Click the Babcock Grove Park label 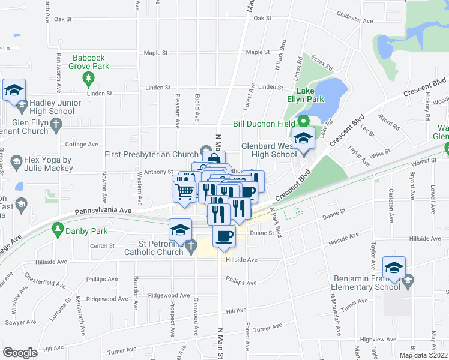pyautogui.click(x=91, y=62)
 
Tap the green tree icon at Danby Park pyautogui.click(x=58, y=229)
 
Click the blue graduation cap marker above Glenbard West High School pyautogui.click(x=303, y=138)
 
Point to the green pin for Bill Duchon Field pyautogui.click(x=304, y=120)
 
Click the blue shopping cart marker pyautogui.click(x=184, y=190)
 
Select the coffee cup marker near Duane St pyautogui.click(x=224, y=236)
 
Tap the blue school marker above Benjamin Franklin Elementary pyautogui.click(x=394, y=267)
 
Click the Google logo pyautogui.click(x=20, y=352)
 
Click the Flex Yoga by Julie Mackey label pyautogui.click(x=47, y=164)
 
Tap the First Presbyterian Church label pyautogui.click(x=151, y=154)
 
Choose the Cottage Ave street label pyautogui.click(x=81, y=144)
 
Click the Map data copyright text pyautogui.click(x=423, y=355)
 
